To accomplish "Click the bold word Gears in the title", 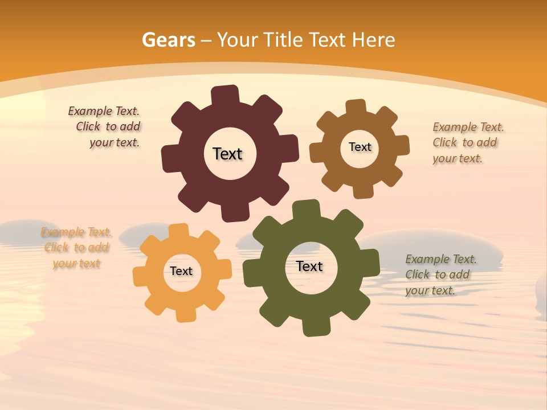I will pos(168,40).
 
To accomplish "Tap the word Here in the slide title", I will pos(373,40).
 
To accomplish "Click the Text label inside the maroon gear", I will pos(227,154).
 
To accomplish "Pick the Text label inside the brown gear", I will pos(360,147).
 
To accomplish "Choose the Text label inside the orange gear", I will pos(181,271).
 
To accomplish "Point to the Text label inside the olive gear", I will pos(309,266).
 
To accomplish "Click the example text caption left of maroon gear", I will pos(105,127).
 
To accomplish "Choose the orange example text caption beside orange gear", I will pos(76,248).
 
